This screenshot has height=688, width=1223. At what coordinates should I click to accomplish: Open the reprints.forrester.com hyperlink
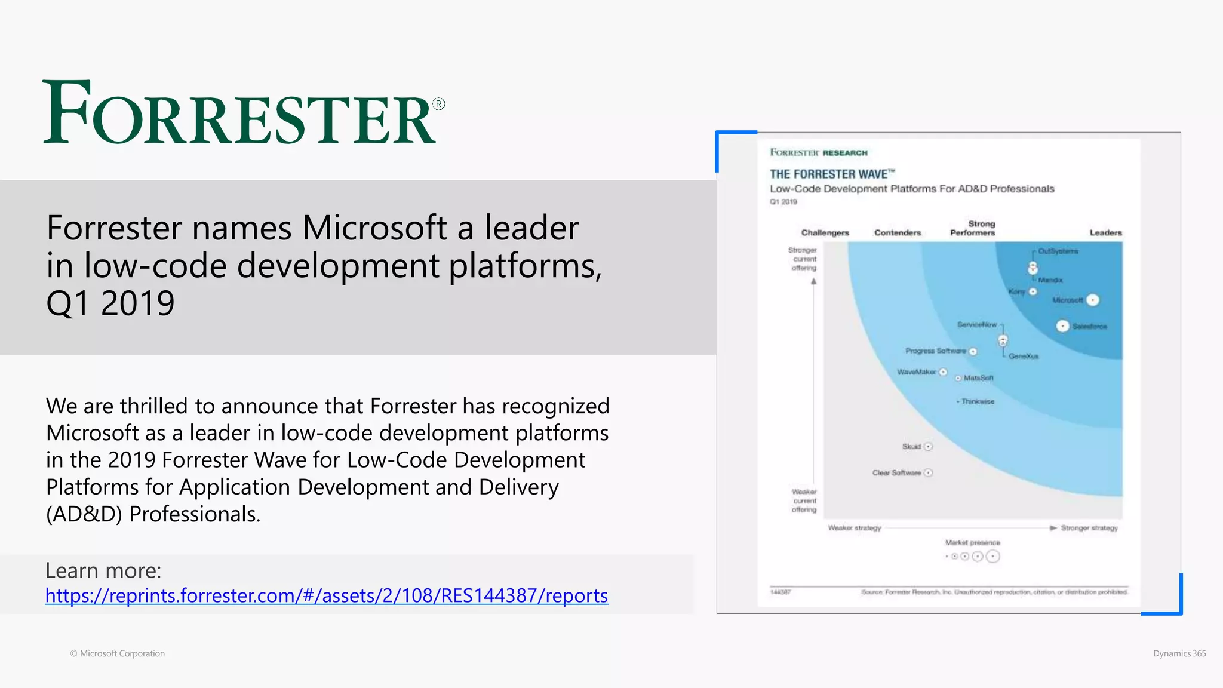[327, 595]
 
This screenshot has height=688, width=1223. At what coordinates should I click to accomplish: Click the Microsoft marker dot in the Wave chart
[1093, 300]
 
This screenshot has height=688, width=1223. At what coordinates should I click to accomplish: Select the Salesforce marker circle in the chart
[1062, 326]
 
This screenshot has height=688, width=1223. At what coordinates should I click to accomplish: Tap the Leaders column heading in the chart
[1105, 233]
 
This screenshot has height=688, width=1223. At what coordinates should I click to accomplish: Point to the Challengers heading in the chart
[825, 233]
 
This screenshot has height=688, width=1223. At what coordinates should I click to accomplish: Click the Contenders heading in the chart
[898, 233]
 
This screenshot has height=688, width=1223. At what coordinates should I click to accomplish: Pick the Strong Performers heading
[973, 228]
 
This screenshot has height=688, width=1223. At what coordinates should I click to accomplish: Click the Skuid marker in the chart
[928, 447]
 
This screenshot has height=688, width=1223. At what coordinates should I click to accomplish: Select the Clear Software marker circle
[928, 472]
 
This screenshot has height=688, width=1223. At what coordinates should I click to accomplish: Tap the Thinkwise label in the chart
[978, 402]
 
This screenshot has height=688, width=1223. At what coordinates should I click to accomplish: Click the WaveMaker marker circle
[943, 372]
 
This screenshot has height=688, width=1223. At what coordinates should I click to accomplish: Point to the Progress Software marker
[973, 351]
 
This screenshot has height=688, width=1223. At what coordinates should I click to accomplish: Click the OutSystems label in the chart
[1058, 251]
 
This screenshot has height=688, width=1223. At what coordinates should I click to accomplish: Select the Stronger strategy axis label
[1089, 528]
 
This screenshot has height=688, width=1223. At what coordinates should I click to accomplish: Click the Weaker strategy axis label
[855, 528]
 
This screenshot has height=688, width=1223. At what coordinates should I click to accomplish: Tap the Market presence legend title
[972, 543]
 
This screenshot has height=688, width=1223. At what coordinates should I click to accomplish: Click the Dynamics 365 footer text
[1179, 653]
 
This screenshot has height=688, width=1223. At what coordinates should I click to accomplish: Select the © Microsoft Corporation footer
[118, 653]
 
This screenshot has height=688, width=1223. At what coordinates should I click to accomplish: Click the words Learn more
[103, 571]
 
